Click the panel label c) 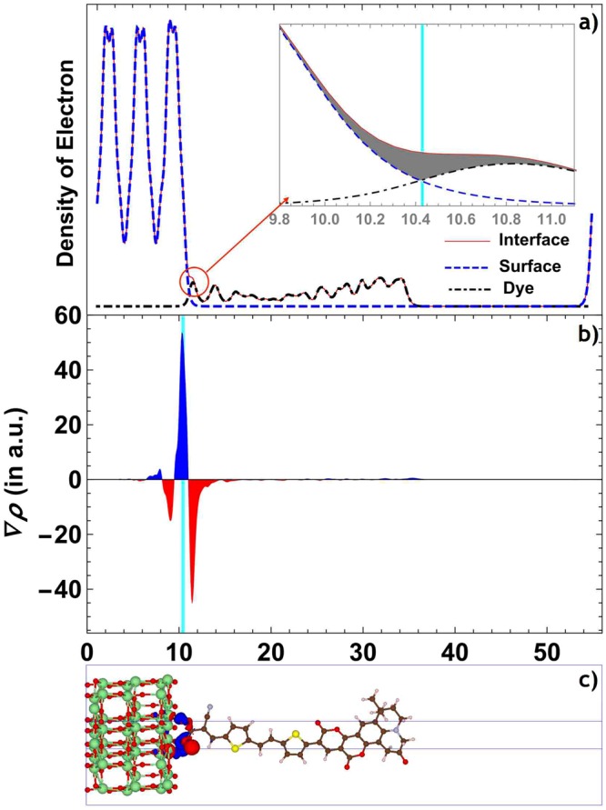pos(586,679)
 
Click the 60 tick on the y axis pos(69,316)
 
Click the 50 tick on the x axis pos(547,653)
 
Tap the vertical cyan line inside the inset pos(422,91)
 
